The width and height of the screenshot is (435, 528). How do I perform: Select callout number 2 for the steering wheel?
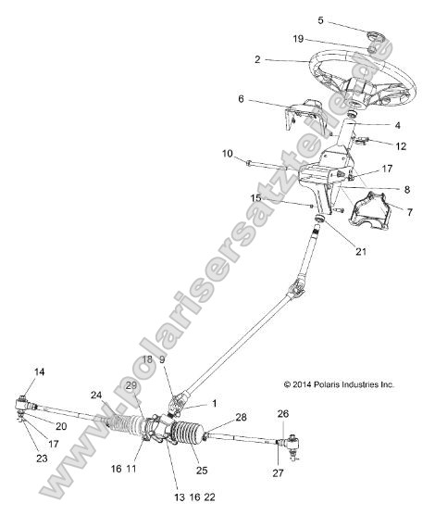pyautogui.click(x=255, y=58)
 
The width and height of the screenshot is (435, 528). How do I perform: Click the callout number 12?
pyautogui.click(x=401, y=145)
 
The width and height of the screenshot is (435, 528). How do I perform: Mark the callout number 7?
pyautogui.click(x=410, y=213)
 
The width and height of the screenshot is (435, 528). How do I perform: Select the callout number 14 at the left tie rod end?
pyautogui.click(x=39, y=372)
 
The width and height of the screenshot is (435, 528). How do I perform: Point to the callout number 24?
pyautogui.click(x=96, y=395)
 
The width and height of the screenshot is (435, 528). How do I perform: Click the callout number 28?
pyautogui.click(x=242, y=418)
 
